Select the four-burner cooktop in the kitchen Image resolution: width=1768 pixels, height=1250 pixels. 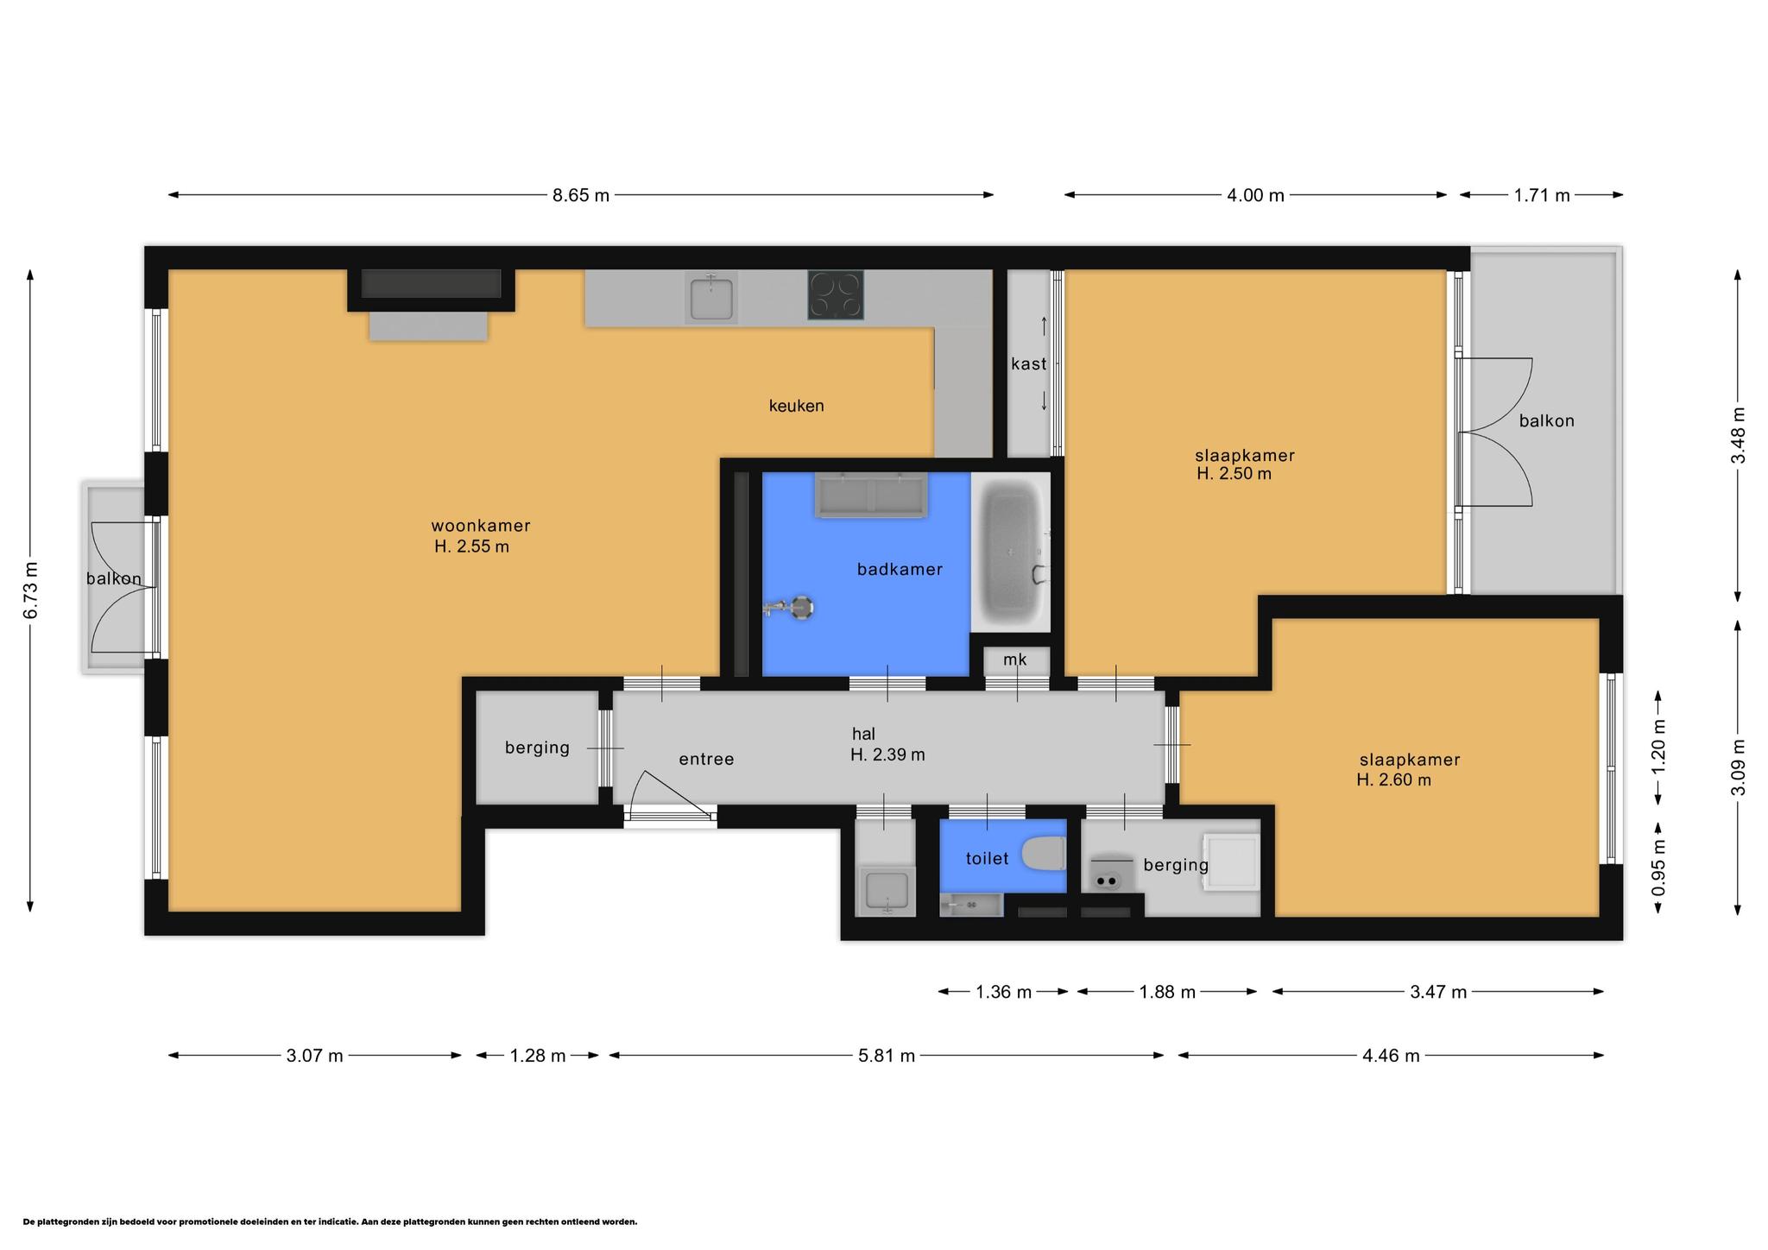(835, 295)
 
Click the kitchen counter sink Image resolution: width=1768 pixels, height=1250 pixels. (710, 298)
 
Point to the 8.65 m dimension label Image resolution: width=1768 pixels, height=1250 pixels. (581, 195)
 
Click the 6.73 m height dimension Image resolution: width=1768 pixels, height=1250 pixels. (31, 590)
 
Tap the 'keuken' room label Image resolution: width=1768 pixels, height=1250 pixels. (796, 406)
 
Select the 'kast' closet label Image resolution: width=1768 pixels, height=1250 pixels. (1028, 364)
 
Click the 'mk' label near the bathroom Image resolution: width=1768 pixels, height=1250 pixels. (1015, 660)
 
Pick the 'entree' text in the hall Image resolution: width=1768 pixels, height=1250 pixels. (706, 759)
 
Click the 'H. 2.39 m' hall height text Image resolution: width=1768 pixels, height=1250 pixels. (887, 754)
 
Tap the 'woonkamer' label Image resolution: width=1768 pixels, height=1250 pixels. (480, 526)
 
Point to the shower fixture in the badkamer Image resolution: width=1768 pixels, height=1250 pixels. (790, 608)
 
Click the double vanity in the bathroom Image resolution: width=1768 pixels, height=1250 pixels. (871, 495)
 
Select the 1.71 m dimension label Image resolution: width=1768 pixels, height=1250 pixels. (1542, 195)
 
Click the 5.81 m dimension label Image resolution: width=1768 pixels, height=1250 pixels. (887, 1055)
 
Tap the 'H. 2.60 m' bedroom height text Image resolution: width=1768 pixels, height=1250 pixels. (1393, 780)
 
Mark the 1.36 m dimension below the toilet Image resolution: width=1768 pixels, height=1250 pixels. (1003, 992)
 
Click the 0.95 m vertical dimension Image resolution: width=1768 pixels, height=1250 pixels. (1658, 868)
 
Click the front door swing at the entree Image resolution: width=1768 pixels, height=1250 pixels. (669, 795)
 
